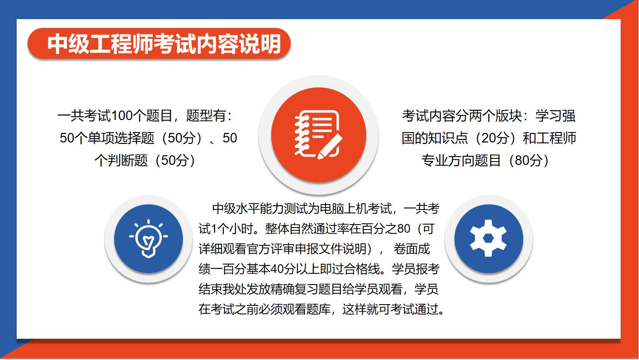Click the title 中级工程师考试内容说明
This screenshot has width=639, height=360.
pyautogui.click(x=164, y=44)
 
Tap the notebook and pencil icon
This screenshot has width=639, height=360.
pyautogui.click(x=318, y=135)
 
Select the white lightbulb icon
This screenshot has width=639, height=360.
pyautogui.click(x=148, y=238)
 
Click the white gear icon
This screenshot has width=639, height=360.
pyautogui.click(x=488, y=238)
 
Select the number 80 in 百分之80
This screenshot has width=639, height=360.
pyautogui.click(x=404, y=229)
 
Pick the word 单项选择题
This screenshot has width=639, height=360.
pyautogui.click(x=121, y=138)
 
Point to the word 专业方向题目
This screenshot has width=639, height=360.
pyautogui.click(x=461, y=160)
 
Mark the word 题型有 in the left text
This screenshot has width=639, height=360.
pyautogui.click(x=206, y=116)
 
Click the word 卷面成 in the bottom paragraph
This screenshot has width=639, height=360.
pyautogui.click(x=412, y=249)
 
